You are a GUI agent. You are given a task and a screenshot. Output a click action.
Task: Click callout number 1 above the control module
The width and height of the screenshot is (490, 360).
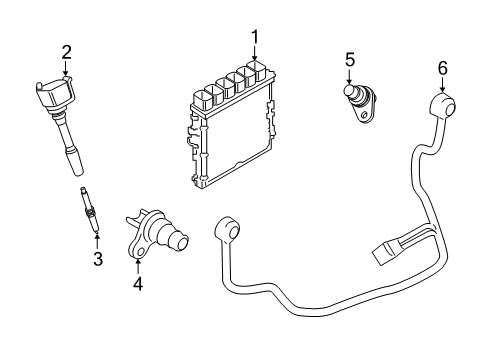pos(255,38)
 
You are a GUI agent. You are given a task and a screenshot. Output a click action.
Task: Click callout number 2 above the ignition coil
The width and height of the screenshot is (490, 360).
pos(66,51)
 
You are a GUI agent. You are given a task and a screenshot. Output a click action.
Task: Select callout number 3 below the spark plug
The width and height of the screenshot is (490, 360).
pos(98,261)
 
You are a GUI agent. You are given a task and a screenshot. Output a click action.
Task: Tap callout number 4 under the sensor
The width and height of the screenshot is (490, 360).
pos(138,284)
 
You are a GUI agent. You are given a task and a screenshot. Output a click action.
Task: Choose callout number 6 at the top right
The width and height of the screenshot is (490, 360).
pos(442,69)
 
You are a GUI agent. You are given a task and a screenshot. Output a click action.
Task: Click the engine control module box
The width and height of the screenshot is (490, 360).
pos(232,135)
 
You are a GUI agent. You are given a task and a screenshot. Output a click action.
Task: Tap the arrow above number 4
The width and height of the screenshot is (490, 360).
pos(138,265)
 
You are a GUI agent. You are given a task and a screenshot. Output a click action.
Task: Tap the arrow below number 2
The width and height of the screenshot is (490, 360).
pos(66,69)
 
